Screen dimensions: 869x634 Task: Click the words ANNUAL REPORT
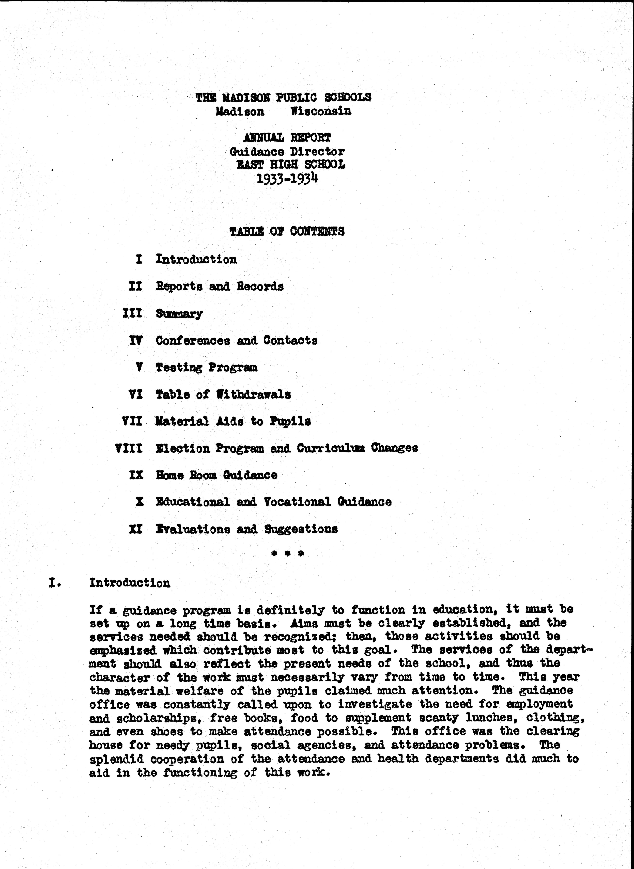287,137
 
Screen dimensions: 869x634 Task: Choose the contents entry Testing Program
206,368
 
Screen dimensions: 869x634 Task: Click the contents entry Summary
179,314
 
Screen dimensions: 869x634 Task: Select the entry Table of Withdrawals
223,394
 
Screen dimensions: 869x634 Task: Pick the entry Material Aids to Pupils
233,421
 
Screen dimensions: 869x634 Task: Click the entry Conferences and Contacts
236,341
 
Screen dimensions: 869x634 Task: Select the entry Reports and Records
220,287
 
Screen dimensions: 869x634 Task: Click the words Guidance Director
287,152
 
